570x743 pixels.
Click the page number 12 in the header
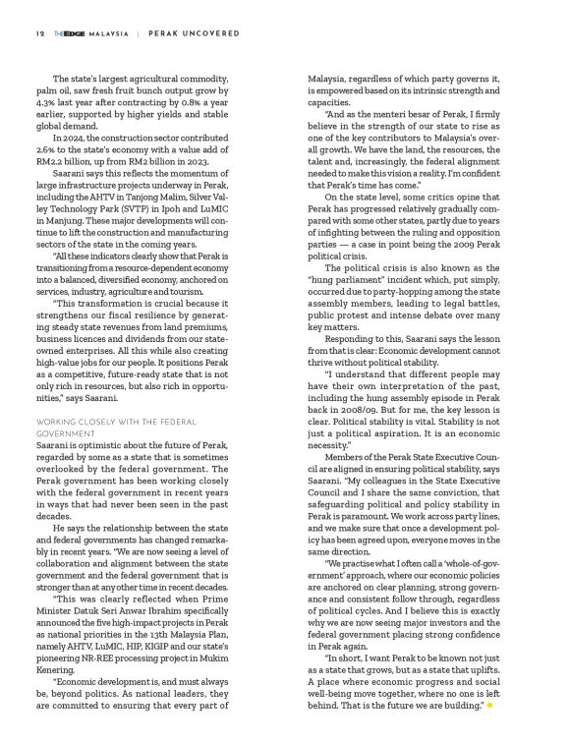point(39,31)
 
